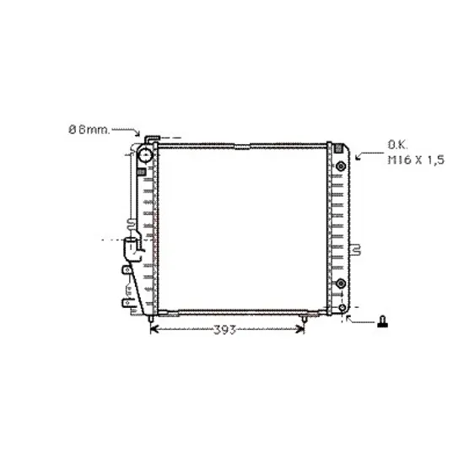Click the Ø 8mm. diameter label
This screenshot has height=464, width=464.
pyautogui.click(x=89, y=130)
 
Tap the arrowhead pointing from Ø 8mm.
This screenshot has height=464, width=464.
pyautogui.click(x=137, y=134)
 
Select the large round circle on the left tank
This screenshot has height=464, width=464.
pyautogui.click(x=145, y=155)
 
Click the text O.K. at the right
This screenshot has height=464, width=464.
pyautogui.click(x=397, y=145)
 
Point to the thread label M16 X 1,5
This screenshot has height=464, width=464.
pyautogui.click(x=416, y=160)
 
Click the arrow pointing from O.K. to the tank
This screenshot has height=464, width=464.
pyautogui.click(x=370, y=155)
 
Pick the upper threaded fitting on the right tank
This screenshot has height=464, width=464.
pyautogui.click(x=341, y=166)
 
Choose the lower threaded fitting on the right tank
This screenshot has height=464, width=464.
pyautogui.click(x=341, y=283)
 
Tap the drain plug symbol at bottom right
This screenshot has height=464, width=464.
pyautogui.click(x=383, y=321)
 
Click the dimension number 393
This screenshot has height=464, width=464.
pyautogui.click(x=224, y=330)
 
